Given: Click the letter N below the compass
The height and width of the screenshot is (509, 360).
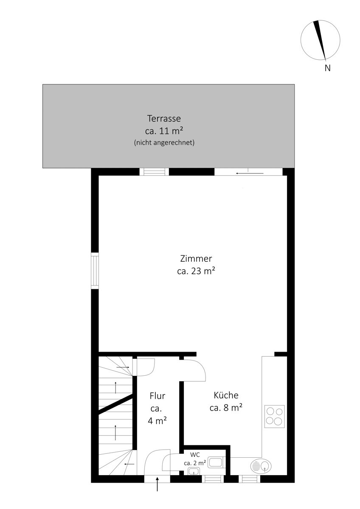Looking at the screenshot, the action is tap(327, 68).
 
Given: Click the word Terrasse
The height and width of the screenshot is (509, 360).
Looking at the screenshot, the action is tap(164, 118).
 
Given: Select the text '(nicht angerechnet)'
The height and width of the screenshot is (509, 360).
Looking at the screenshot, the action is tap(164, 143).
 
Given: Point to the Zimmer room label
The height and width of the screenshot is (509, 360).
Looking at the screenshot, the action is tap(196, 259).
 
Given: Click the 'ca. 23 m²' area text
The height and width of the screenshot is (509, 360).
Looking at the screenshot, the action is tap(196, 271).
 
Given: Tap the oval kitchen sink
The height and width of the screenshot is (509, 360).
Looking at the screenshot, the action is tap(261, 466).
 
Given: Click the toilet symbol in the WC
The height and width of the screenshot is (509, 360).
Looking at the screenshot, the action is tap(217, 462).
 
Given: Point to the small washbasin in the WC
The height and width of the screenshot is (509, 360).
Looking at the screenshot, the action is tap(194, 471).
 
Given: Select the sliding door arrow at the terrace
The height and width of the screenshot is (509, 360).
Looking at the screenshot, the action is tap(250, 173).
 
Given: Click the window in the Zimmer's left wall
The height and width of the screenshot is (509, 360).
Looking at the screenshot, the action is tap(95, 271).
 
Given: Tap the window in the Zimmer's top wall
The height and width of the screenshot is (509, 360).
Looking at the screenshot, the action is tap(154, 172).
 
